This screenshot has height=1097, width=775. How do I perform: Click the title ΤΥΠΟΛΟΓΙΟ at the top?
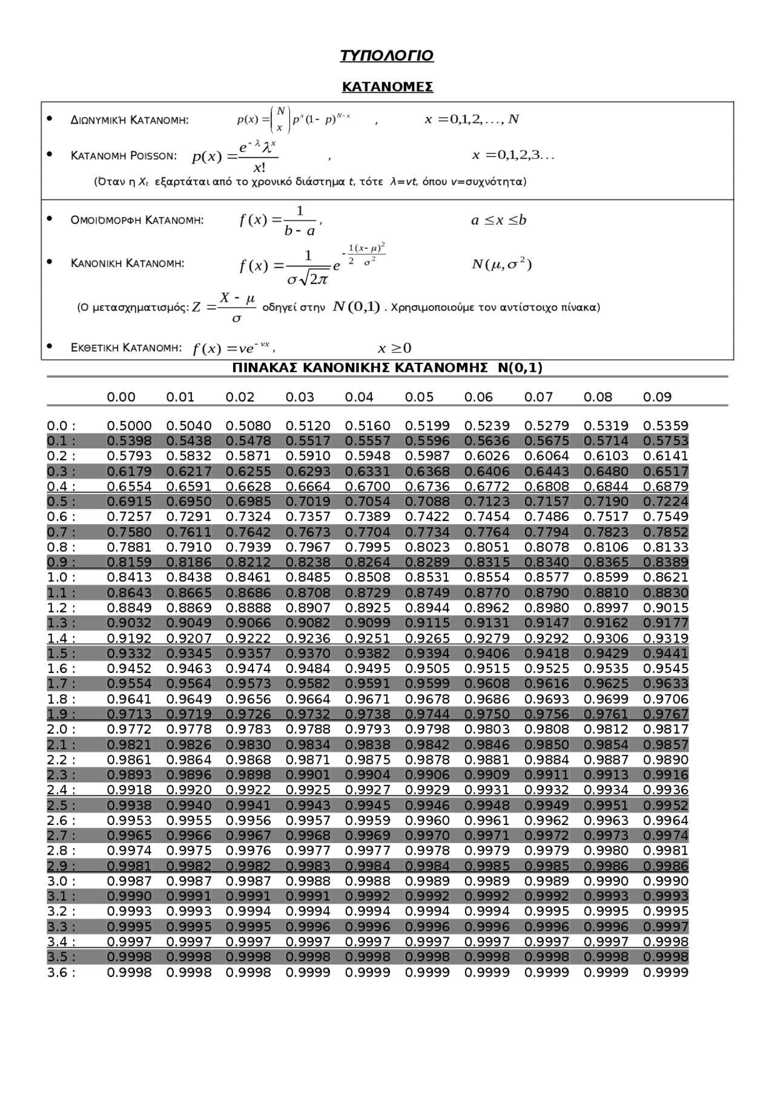(386, 56)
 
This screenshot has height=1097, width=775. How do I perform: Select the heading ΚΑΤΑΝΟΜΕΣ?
(387, 87)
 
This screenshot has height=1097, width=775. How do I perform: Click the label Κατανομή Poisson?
(124, 156)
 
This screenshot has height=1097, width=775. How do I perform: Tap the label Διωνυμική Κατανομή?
(130, 120)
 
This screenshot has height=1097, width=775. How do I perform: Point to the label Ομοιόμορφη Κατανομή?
(137, 220)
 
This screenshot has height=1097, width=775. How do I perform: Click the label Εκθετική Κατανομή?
(126, 348)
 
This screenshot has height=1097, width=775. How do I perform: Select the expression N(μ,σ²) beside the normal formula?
(501, 265)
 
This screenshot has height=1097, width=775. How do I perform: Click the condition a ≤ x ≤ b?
(499, 220)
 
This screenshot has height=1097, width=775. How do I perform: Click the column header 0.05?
(419, 397)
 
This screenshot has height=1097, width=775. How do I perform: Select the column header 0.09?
(657, 397)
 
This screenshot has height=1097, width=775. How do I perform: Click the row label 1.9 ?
(61, 714)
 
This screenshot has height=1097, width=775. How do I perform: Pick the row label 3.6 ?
(61, 972)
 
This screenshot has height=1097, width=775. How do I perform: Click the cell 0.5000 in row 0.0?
(129, 426)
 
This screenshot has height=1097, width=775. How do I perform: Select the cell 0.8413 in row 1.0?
(129, 577)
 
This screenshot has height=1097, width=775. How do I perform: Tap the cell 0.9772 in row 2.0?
(129, 729)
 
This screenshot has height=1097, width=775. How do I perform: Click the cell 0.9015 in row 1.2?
(665, 608)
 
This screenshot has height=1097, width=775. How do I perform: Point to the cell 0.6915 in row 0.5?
(129, 502)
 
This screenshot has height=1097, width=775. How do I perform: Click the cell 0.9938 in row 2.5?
(129, 806)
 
